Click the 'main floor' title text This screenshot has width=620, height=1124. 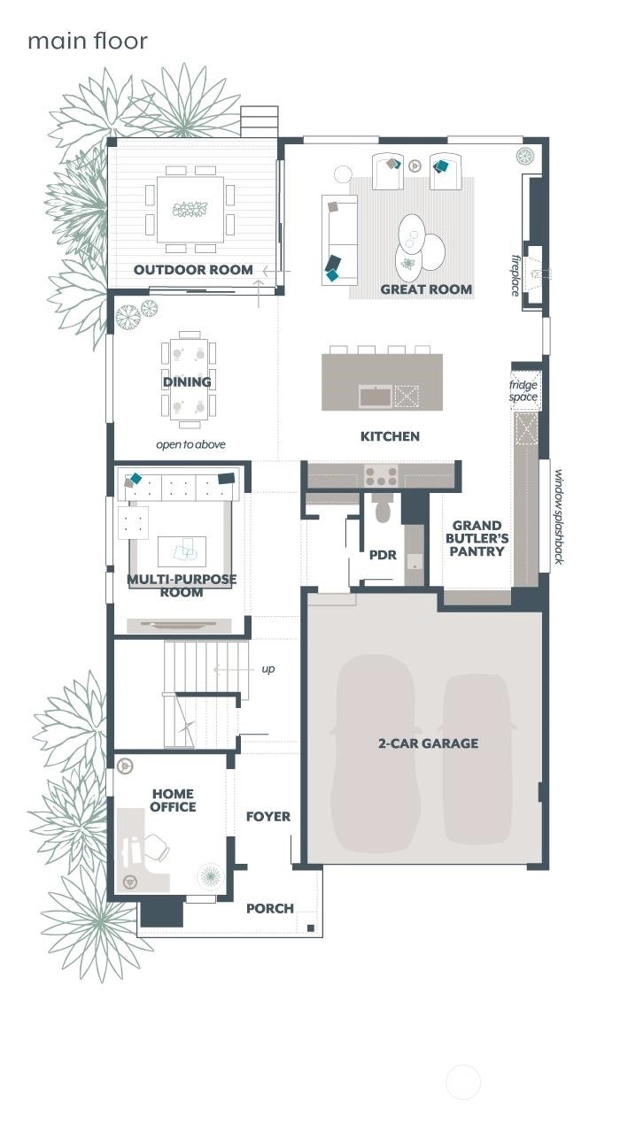click(87, 41)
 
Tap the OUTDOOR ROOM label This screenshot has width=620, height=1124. click(193, 270)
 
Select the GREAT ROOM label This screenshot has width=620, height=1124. click(426, 289)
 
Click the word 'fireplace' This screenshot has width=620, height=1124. click(515, 275)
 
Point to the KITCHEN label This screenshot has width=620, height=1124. click(390, 436)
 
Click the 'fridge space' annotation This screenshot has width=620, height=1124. click(523, 391)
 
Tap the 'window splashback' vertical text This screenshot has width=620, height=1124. click(559, 518)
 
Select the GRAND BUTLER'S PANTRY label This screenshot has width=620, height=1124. click(478, 538)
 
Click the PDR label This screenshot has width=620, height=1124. click(382, 556)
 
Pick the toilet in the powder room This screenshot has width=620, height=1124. click(383, 511)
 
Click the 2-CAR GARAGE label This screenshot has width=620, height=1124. click(428, 743)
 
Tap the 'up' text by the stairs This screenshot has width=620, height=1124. click(267, 669)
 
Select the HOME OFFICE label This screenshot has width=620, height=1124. click(174, 800)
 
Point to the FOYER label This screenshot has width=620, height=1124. click(267, 817)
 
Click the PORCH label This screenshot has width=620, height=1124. click(269, 908)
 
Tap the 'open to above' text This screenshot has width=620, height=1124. click(190, 444)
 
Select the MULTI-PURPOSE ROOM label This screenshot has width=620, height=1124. click(182, 586)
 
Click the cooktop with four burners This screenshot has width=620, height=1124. click(382, 477)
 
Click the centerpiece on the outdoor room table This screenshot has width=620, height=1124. click(190, 209)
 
